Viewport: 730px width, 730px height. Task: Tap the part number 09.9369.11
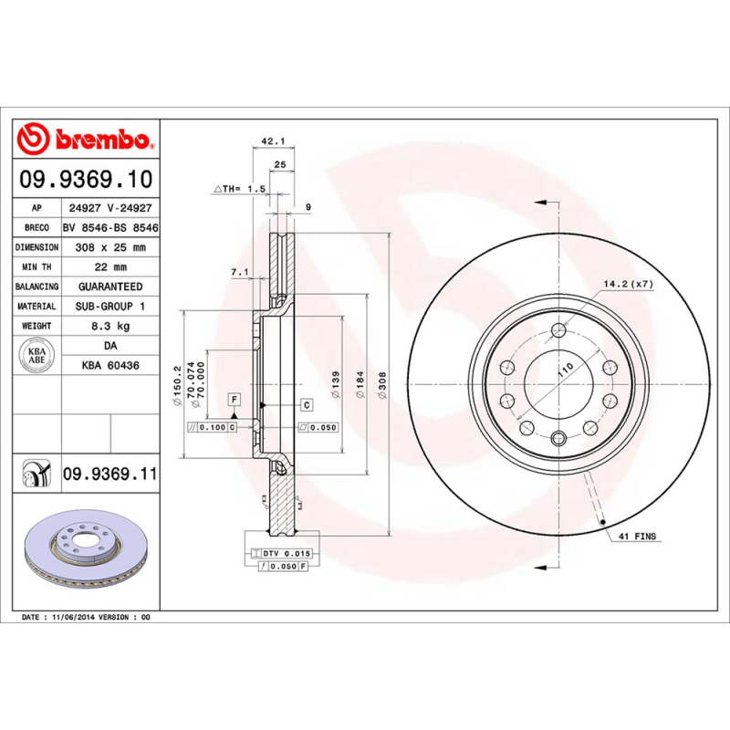click(x=110, y=474)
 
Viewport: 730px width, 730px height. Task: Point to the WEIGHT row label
click(x=36, y=326)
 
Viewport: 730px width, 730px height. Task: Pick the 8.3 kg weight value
click(x=109, y=326)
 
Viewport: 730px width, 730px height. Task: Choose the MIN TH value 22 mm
click(x=109, y=267)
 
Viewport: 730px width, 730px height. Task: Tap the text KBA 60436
click(x=109, y=365)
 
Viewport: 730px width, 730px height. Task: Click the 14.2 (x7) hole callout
click(x=629, y=285)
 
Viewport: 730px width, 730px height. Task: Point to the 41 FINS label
click(x=638, y=537)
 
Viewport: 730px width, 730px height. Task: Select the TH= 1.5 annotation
click(x=239, y=188)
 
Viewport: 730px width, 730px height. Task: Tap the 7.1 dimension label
click(x=240, y=272)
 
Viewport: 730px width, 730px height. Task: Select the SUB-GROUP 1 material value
click(x=109, y=307)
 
